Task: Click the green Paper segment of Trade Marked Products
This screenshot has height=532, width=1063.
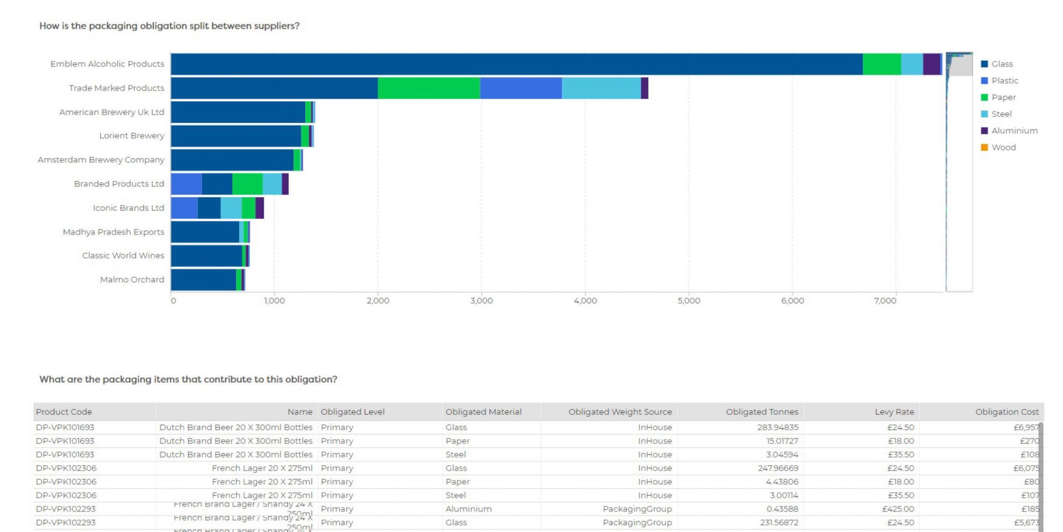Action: pyautogui.click(x=429, y=88)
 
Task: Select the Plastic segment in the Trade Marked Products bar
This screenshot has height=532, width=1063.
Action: pyautogui.click(x=521, y=88)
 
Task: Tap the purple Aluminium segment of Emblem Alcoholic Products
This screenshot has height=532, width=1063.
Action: pyautogui.click(x=931, y=64)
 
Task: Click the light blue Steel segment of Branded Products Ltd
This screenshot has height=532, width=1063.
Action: pyautogui.click(x=272, y=184)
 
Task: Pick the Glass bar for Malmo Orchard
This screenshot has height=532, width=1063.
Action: pyautogui.click(x=203, y=280)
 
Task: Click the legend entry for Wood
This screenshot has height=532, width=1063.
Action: pyautogui.click(x=1003, y=147)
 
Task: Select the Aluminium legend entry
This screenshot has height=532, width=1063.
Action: pyautogui.click(x=1014, y=131)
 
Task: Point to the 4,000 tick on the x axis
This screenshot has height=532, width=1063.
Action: pyautogui.click(x=585, y=301)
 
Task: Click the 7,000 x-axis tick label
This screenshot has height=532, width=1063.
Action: pyautogui.click(x=885, y=301)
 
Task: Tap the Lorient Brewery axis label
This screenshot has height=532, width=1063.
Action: pyautogui.click(x=131, y=136)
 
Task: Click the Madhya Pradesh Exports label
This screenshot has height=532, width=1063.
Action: pyautogui.click(x=113, y=232)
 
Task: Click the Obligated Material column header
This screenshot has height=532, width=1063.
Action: pyautogui.click(x=483, y=412)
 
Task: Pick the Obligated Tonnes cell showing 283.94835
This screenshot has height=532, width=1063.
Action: pyautogui.click(x=777, y=427)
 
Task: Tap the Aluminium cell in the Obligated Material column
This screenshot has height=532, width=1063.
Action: pyautogui.click(x=468, y=509)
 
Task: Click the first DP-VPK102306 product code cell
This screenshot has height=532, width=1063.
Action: pyautogui.click(x=66, y=468)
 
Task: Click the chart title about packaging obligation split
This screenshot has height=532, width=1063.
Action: pyautogui.click(x=169, y=26)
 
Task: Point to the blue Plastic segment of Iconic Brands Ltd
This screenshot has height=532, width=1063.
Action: pyautogui.click(x=184, y=208)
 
